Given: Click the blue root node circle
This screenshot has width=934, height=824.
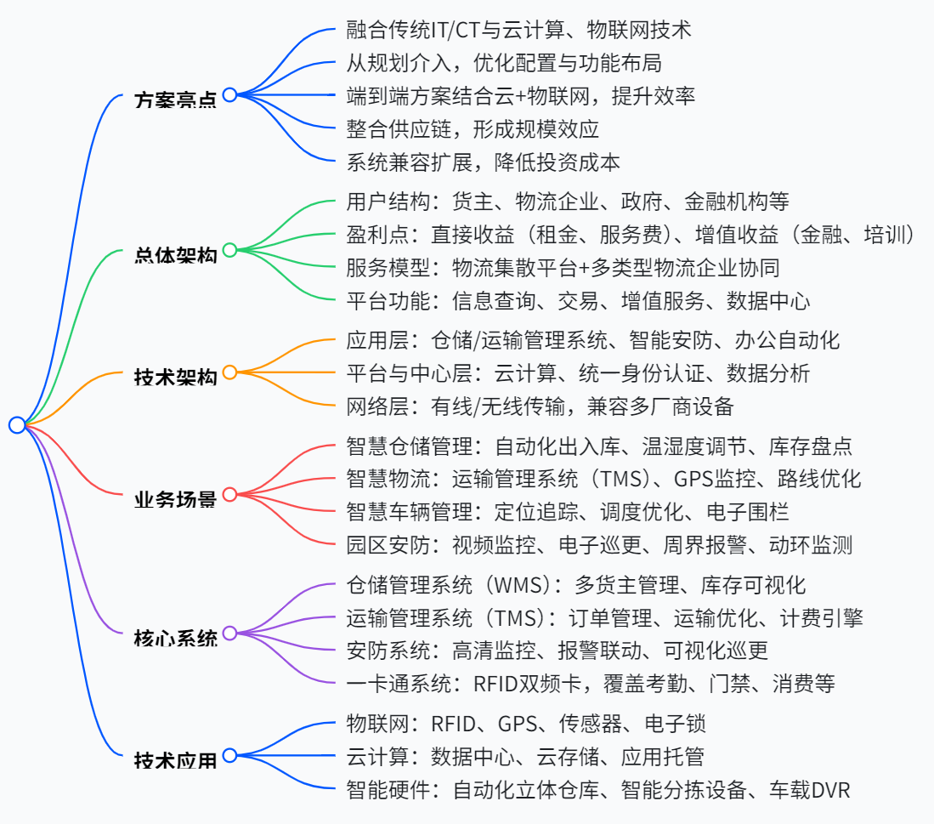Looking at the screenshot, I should point(17,425).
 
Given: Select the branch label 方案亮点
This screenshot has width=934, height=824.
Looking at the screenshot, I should point(175,98).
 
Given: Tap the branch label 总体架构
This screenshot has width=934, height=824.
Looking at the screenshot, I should point(175,253).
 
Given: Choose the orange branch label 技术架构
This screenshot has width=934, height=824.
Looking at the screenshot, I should point(175,375).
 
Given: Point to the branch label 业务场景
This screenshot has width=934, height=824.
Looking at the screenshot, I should point(175,497).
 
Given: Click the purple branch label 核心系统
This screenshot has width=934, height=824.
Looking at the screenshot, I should point(175,636).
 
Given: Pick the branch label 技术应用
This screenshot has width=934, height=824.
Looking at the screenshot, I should point(175,758).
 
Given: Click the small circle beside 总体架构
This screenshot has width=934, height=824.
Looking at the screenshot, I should point(229,251).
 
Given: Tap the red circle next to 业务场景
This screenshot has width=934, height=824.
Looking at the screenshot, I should point(229,494).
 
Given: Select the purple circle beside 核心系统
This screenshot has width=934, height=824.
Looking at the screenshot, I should point(229,634).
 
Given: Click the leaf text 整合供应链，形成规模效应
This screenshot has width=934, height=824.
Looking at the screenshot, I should point(473,129).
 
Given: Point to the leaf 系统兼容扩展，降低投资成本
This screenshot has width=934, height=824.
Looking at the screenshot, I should point(484,162).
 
